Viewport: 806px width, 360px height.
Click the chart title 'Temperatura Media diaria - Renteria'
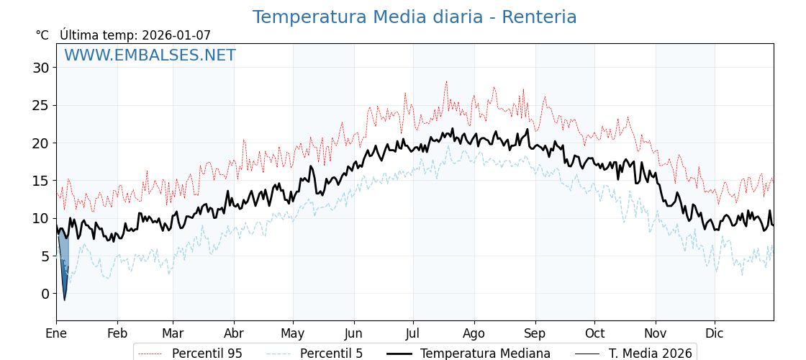(x=415, y=17)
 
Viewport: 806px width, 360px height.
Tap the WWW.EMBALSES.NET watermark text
(x=150, y=55)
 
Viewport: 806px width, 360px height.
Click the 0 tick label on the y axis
(x=45, y=294)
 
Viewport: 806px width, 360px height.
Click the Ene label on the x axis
(x=56, y=334)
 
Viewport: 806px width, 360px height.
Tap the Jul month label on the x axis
(x=413, y=334)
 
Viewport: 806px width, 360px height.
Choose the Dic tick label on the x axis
(x=715, y=334)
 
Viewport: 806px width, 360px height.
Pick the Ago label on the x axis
(x=474, y=334)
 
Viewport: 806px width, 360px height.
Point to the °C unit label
(x=42, y=35)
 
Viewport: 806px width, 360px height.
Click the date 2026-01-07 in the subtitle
(x=176, y=35)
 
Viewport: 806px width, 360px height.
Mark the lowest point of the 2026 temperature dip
(x=64, y=300)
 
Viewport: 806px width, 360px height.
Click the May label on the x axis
(x=293, y=334)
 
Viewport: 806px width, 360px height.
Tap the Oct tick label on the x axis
(x=594, y=334)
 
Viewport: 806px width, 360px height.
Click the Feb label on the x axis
(x=117, y=334)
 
